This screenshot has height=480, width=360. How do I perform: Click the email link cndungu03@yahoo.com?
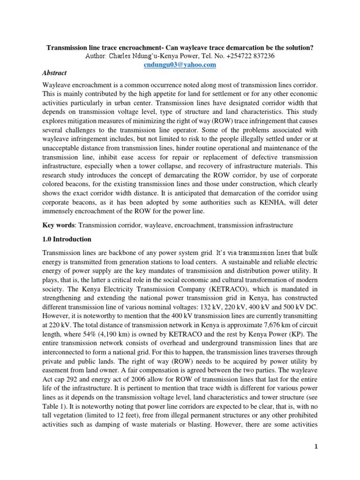[x=180, y=65]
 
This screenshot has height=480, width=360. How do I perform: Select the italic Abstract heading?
[x=54, y=73]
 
